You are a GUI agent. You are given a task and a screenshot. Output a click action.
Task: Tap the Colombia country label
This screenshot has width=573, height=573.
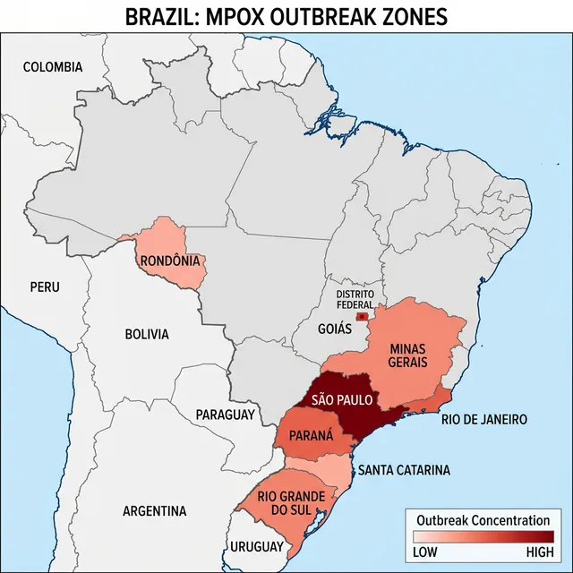pyautogui.click(x=53, y=67)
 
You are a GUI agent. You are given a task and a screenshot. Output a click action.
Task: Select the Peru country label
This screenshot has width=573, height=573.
pyautogui.click(x=45, y=287)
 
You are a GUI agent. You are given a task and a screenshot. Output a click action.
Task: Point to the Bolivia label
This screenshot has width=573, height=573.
pyautogui.click(x=146, y=334)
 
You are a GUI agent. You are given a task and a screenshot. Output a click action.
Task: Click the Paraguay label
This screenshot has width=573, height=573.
pyautogui.click(x=226, y=415)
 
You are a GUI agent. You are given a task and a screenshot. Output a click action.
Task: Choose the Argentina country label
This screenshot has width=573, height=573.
pyautogui.click(x=155, y=511)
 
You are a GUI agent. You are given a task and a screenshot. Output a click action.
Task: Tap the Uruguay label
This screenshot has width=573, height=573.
pyautogui.click(x=257, y=546)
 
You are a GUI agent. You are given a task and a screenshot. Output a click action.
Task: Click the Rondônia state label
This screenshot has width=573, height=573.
pyautogui.click(x=170, y=261)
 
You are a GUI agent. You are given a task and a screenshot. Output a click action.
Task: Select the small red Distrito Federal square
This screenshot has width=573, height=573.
pyautogui.click(x=362, y=317)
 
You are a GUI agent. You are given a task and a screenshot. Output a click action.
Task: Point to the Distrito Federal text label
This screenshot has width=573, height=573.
pyautogui.click(x=355, y=299)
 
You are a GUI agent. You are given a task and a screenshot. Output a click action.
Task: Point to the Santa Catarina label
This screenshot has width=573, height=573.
pyautogui.click(x=405, y=470)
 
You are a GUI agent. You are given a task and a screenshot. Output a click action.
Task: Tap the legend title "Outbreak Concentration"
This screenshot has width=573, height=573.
pyautogui.click(x=483, y=520)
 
